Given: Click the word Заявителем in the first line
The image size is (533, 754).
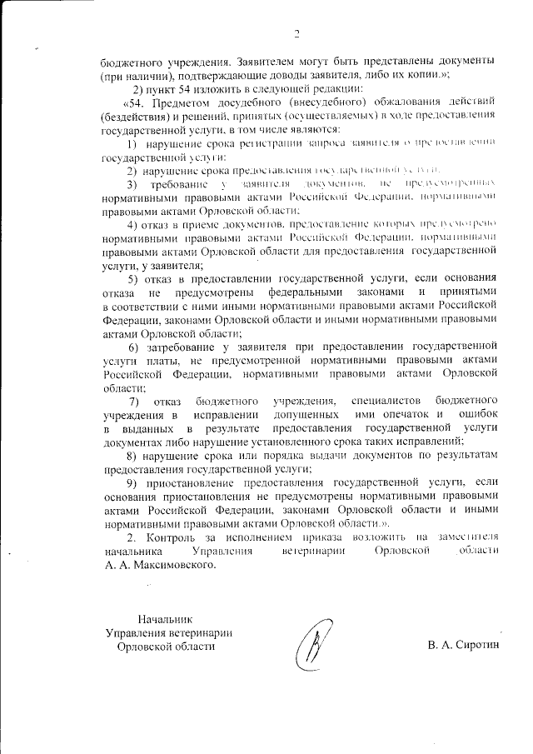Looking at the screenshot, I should coord(266,62).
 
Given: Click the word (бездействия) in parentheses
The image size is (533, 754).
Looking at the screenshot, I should coord(137,117).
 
